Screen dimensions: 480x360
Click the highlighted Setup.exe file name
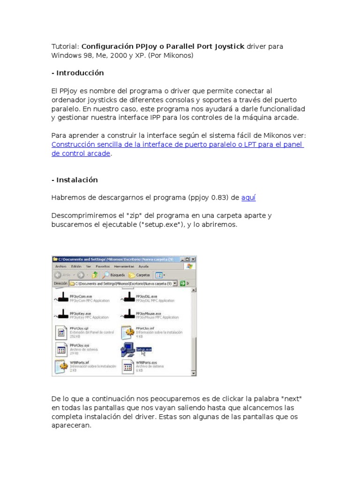tap(143, 349)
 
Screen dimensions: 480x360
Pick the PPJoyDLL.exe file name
tap(147, 296)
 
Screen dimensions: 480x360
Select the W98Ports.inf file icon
tap(61, 366)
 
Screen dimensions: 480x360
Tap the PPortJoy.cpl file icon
tap(61, 333)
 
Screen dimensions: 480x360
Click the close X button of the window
tap(193, 259)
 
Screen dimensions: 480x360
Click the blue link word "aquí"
tap(248, 198)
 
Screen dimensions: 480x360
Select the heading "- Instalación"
tap(75, 180)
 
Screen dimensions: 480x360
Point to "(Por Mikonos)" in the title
tap(170, 55)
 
